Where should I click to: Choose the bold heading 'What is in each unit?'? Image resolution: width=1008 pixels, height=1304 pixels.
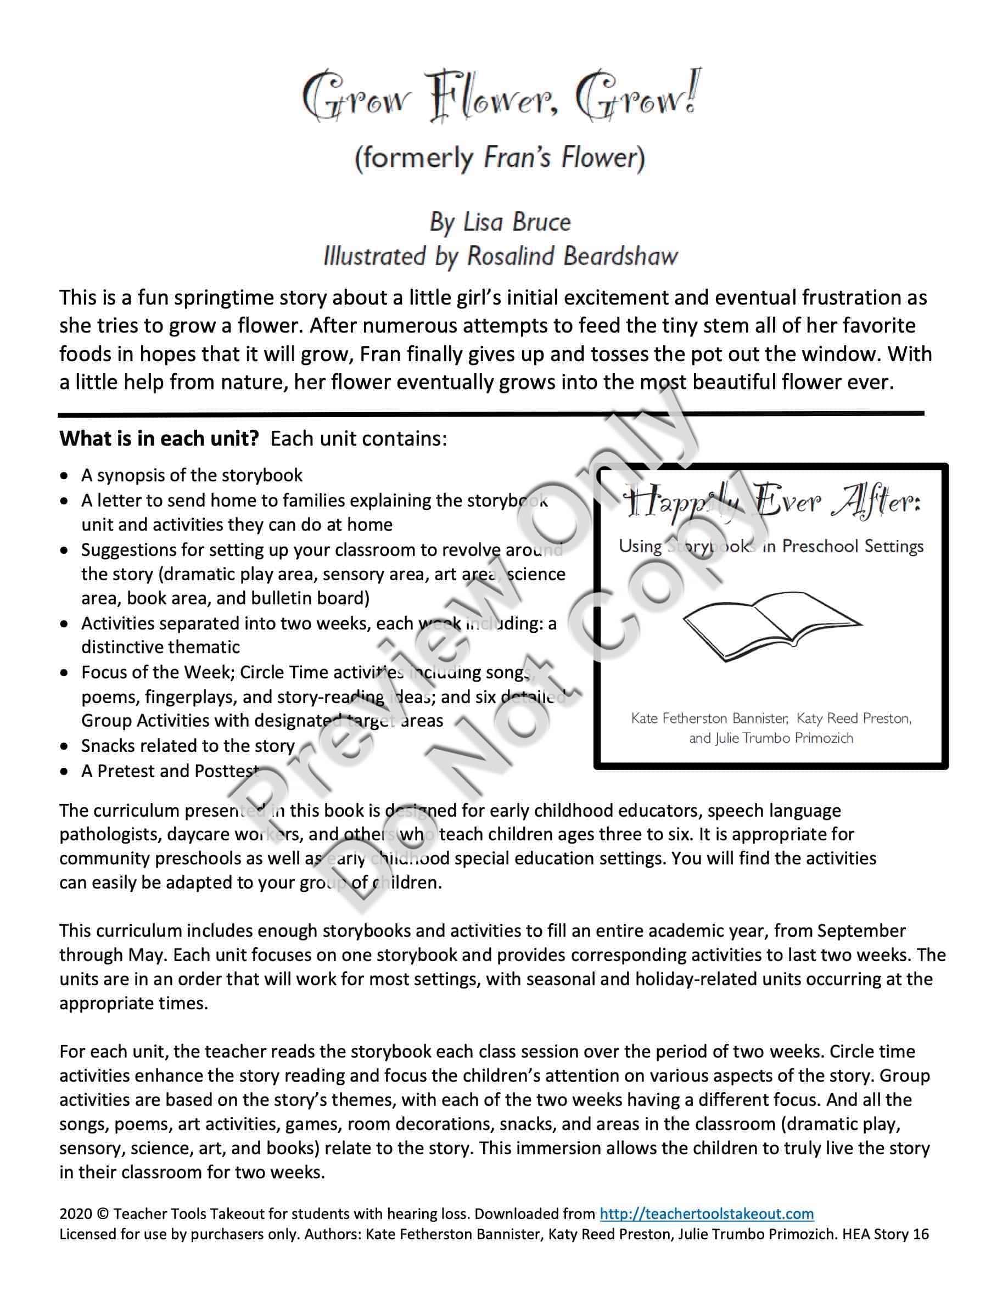[159, 439]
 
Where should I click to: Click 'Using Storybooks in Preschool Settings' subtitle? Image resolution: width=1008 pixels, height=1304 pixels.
[771, 546]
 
